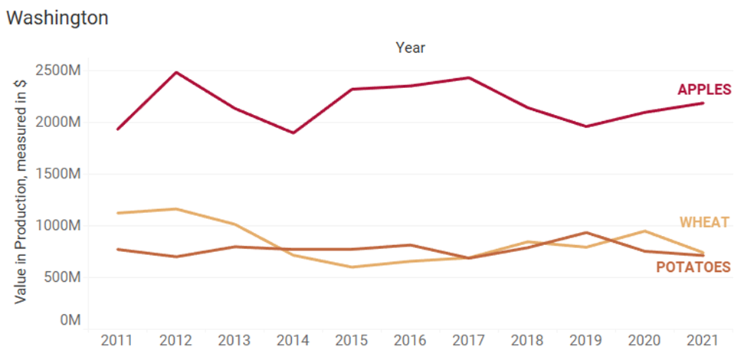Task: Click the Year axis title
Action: (x=410, y=47)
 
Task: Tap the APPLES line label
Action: (x=704, y=90)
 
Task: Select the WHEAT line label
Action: (x=705, y=223)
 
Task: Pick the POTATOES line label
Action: (x=693, y=267)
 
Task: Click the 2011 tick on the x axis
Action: (x=117, y=340)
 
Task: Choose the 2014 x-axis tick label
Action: (x=293, y=340)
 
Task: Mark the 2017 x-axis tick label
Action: (x=469, y=340)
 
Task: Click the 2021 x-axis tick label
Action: (x=703, y=340)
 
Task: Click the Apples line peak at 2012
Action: (x=176, y=73)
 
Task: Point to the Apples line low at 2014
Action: (x=293, y=133)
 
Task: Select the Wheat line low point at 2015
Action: (x=352, y=267)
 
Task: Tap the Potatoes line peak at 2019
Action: (x=585, y=233)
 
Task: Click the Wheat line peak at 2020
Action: (x=644, y=231)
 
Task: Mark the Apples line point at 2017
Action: (x=469, y=77)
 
